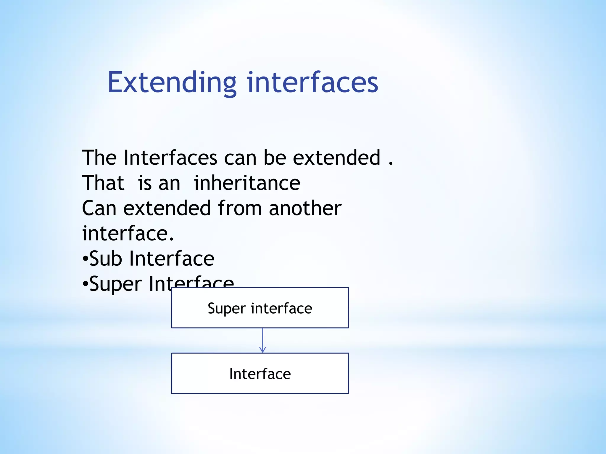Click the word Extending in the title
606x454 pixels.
[x=172, y=82]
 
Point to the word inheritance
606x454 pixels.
[x=247, y=183]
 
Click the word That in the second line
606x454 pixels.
[x=103, y=183]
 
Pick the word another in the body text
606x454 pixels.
[x=305, y=208]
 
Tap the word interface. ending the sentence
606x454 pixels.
[x=128, y=234]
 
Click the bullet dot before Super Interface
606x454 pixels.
[x=85, y=285]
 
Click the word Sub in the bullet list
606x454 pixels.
[x=106, y=259]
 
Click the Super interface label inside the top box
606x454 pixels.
[x=260, y=308]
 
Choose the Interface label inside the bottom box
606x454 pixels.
[x=260, y=374]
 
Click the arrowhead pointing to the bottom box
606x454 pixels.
[x=262, y=350]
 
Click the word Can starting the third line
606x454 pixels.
[x=99, y=208]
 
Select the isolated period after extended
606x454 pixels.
[x=391, y=163]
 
